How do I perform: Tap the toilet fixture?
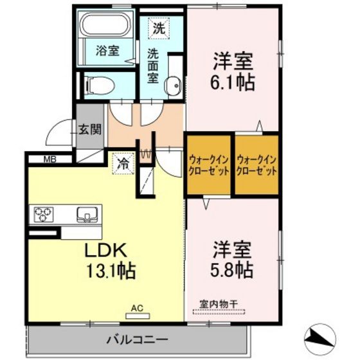pos(100,85)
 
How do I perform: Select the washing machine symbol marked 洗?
pos(159,28)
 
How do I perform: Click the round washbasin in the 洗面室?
pos(174,85)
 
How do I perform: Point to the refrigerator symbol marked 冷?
pos(123,164)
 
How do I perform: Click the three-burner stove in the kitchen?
pos(44,215)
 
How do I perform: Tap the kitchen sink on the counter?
pos(87,215)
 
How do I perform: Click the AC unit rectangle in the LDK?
pos(138,316)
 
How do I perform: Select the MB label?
pos(50,159)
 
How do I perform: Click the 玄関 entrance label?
pos(90,130)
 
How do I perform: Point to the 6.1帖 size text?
pos(233,83)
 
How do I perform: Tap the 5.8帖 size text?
pos(232,270)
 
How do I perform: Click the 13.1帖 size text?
pos(111,271)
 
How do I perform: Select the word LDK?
pos(106,251)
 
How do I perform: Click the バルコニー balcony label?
pos(138,339)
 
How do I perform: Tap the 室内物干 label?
pos(219,305)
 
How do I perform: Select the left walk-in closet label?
pos(208,166)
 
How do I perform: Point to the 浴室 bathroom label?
pos(107,51)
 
